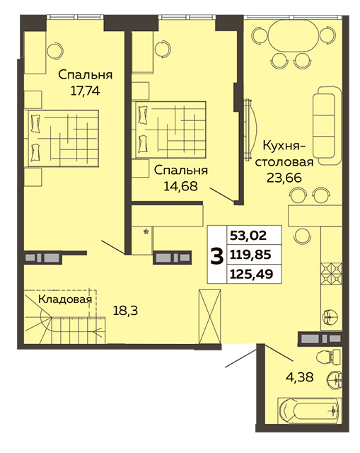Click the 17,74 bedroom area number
pyautogui.click(x=85, y=91)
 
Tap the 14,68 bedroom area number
pyautogui.click(x=181, y=186)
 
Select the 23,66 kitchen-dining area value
pyautogui.click(x=284, y=178)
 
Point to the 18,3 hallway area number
pyautogui.click(x=125, y=311)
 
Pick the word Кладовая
pyautogui.click(x=65, y=299)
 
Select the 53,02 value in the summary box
pyautogui.click(x=248, y=236)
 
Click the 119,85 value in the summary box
pyautogui.click(x=250, y=255)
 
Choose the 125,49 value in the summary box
pyautogui.click(x=252, y=273)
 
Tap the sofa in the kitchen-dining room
pyautogui.click(x=327, y=126)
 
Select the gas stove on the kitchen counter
pyautogui.click(x=332, y=273)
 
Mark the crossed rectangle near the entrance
pyautogui.click(x=210, y=316)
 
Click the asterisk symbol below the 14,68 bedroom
pyautogui.click(x=146, y=231)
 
